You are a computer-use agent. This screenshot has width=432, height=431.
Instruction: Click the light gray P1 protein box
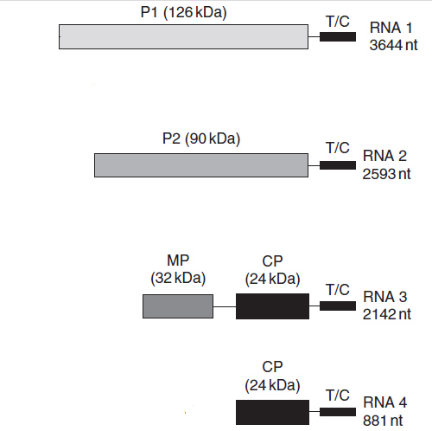coord(183,36)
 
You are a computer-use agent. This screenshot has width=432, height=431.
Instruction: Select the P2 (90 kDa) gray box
coord(201,165)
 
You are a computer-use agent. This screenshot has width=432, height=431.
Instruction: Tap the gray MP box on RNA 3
coord(178,306)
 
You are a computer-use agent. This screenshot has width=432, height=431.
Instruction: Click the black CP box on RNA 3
coord(272,306)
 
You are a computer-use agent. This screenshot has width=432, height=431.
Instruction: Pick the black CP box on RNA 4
coord(272,412)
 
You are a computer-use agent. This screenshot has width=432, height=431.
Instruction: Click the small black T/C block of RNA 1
coord(338,36)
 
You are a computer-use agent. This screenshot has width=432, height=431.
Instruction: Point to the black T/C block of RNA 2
coord(338,165)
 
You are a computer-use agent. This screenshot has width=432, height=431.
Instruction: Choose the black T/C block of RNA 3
coord(338,306)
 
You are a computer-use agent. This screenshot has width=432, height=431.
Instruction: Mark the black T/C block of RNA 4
coord(338,412)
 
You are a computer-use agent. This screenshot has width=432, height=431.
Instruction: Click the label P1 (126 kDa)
coord(183,13)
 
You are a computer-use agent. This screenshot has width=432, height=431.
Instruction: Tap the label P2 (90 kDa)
coord(201,139)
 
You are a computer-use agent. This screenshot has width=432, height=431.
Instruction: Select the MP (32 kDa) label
coord(178,270)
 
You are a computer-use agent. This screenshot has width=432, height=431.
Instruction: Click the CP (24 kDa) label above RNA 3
coord(272,270)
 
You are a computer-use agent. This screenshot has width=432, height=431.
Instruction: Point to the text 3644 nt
coord(393,45)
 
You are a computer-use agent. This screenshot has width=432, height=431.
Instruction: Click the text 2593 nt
coord(386,174)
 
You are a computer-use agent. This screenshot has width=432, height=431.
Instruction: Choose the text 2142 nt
coord(386,314)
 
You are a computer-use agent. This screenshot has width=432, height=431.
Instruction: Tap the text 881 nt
coord(383,421)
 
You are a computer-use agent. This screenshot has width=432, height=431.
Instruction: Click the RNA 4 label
coord(385,402)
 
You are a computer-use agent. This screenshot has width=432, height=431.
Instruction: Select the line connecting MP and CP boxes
coord(225,306)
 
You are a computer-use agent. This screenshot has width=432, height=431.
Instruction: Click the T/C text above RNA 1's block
coord(338,22)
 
